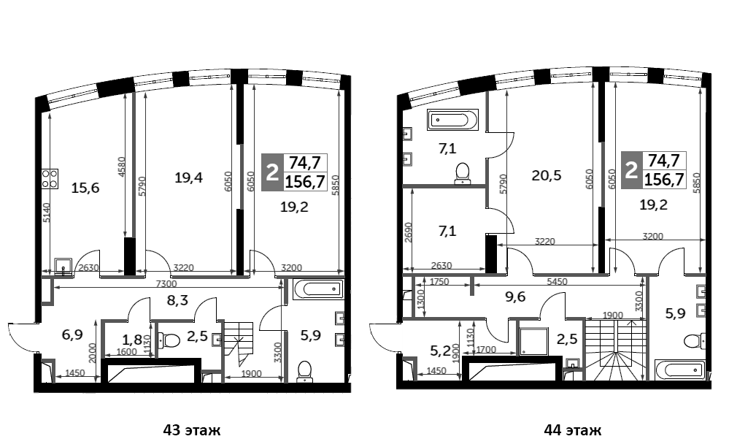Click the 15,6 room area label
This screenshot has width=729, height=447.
coord(85,188)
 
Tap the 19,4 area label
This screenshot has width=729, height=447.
coord(188,176)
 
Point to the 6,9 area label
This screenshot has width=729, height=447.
coord(72,335)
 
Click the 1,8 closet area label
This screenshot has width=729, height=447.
coord(132,339)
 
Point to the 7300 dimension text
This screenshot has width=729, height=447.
coord(166,283)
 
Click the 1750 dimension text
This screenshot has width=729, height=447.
coord(439,281)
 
